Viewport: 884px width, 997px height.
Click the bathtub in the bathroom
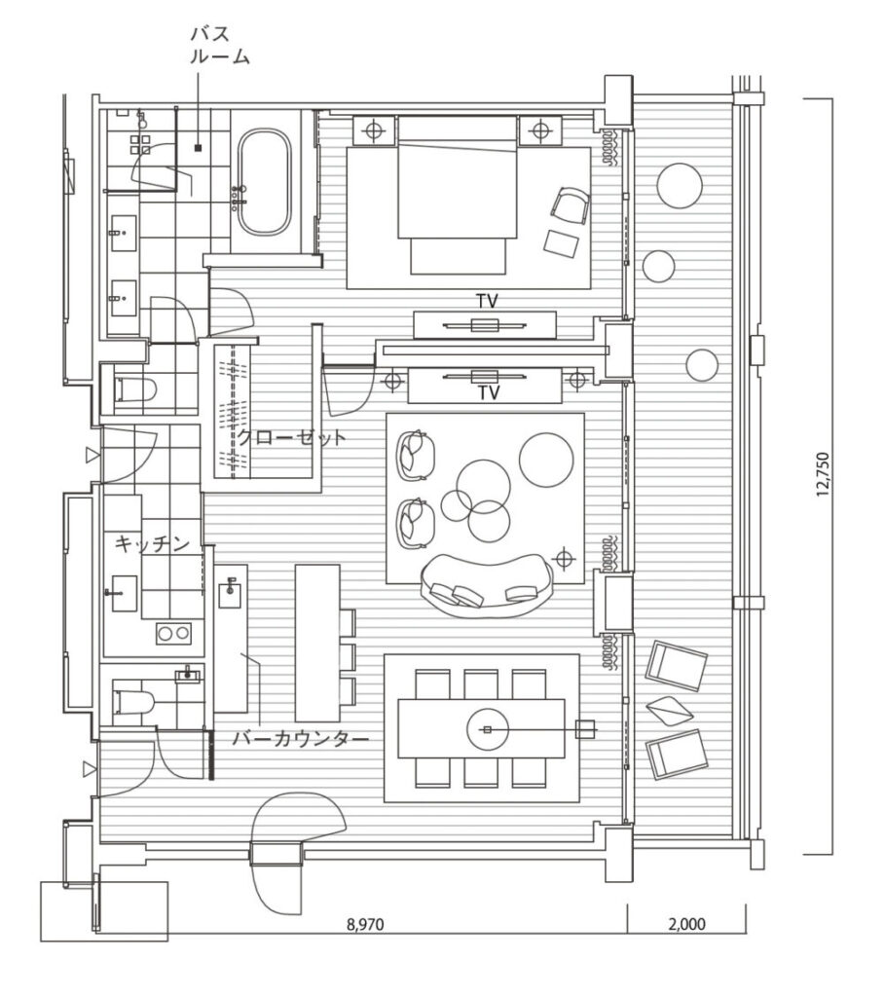click(x=265, y=182)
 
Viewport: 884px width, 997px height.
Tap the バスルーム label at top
click(x=219, y=45)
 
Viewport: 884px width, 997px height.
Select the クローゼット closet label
click(x=292, y=437)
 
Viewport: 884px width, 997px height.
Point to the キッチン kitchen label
click(x=153, y=543)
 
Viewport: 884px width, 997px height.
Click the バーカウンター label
click(x=300, y=739)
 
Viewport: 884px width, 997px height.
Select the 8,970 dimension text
click(x=365, y=924)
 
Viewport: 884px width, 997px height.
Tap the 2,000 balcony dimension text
click(x=686, y=924)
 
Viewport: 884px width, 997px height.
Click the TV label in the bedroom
click(x=488, y=301)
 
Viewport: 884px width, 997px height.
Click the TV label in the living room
click(x=489, y=393)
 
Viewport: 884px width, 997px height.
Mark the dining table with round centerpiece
click(x=482, y=728)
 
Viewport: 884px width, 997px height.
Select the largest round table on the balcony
click(x=680, y=186)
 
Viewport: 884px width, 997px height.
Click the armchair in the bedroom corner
click(x=571, y=206)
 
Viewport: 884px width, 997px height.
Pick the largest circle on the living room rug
click(x=547, y=460)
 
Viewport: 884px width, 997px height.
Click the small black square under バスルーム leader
click(x=198, y=148)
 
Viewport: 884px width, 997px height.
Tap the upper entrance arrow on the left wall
click(x=92, y=455)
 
